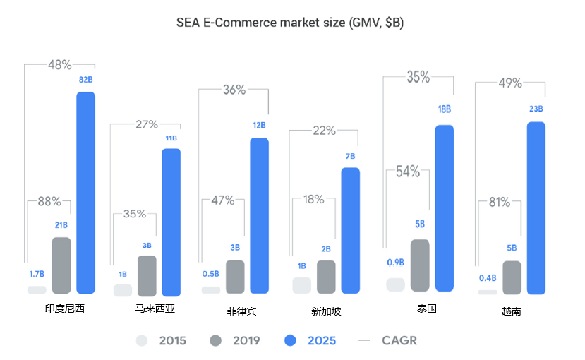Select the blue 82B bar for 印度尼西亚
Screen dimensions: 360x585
[85, 192]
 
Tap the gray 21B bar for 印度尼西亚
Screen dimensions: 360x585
[61, 265]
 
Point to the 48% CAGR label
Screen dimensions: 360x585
[60, 65]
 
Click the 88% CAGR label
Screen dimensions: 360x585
[49, 201]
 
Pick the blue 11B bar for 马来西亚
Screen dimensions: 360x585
[171, 222]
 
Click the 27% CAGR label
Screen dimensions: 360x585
[147, 125]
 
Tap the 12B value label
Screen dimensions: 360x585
[259, 126]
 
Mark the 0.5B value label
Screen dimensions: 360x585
[210, 274]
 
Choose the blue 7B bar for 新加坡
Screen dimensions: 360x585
[350, 230]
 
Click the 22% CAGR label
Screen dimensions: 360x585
[324, 131]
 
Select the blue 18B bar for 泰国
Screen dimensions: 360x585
[444, 208]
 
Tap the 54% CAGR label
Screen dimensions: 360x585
[408, 172]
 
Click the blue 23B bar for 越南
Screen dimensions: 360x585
[536, 208]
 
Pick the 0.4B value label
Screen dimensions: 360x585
[488, 277]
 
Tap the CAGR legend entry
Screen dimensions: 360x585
[387, 341]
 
